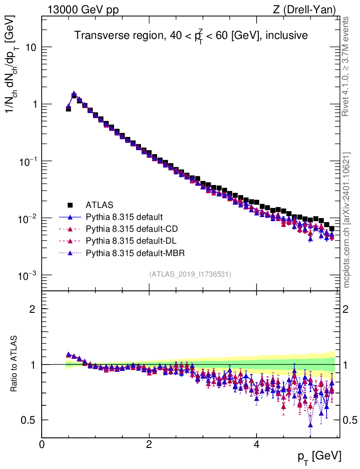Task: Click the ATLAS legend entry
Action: point(99,205)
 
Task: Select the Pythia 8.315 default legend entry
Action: point(124,217)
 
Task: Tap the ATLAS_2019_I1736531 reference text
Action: point(190,274)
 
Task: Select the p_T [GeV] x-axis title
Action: point(320,456)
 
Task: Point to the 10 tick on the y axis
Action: point(31,48)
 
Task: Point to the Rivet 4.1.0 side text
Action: point(347,66)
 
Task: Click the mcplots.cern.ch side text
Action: point(347,220)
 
